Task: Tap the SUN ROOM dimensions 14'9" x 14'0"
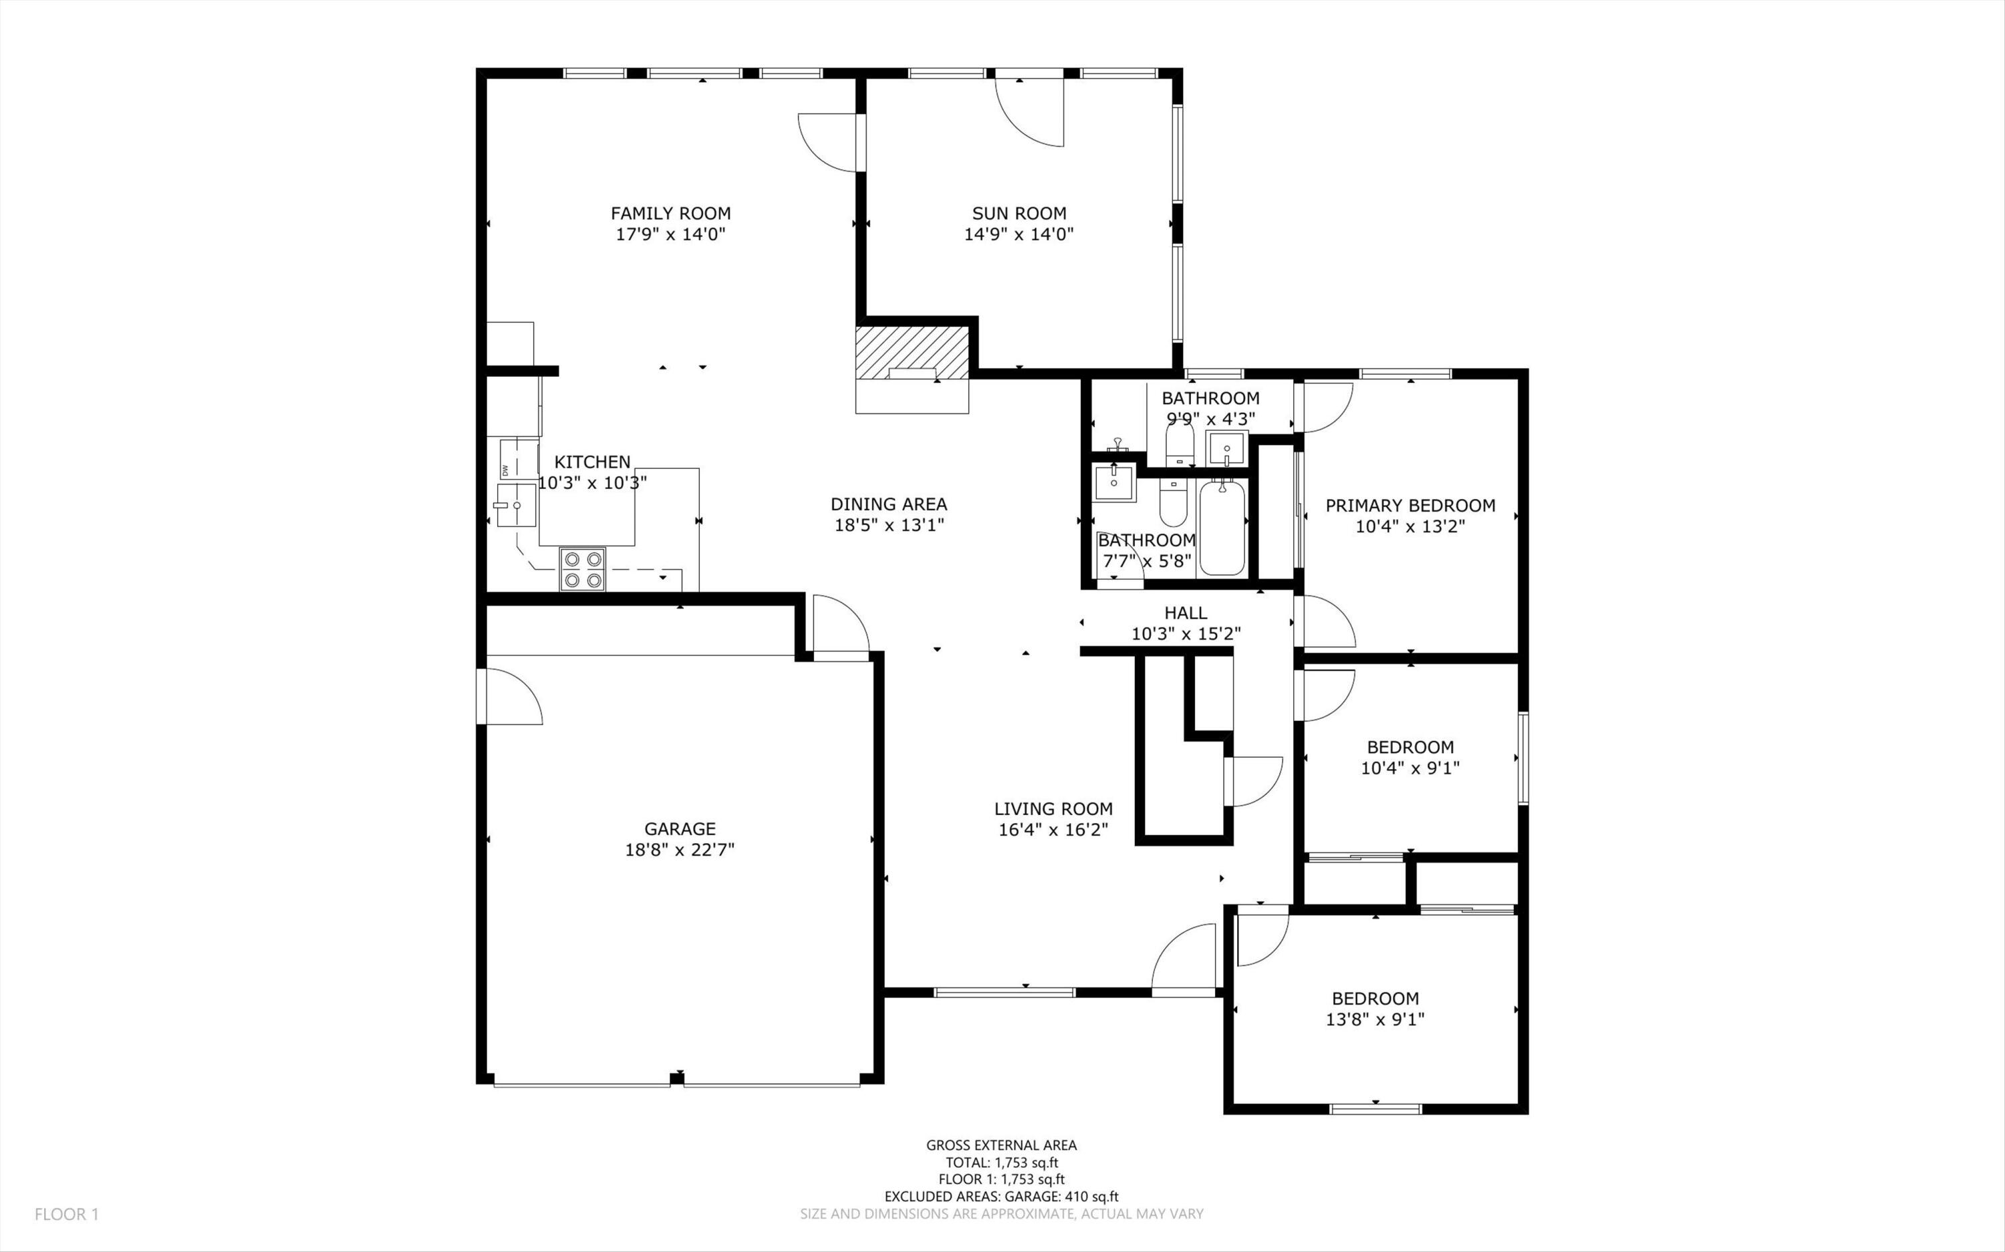tap(1019, 234)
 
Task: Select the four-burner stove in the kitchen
tap(582, 569)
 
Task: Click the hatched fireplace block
tap(912, 352)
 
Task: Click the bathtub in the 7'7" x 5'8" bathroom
tap(1222, 528)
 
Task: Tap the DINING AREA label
tap(889, 504)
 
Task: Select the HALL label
tap(1185, 613)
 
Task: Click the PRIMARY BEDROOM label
tap(1410, 505)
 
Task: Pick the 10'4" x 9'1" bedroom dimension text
tap(1410, 768)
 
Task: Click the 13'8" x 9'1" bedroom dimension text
tap(1375, 1020)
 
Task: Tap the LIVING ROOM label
tap(1053, 808)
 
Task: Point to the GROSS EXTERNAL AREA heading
tap(1001, 1145)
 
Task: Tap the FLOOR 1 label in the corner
tap(66, 1214)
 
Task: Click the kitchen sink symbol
tap(515, 505)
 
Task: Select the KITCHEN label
tap(592, 462)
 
